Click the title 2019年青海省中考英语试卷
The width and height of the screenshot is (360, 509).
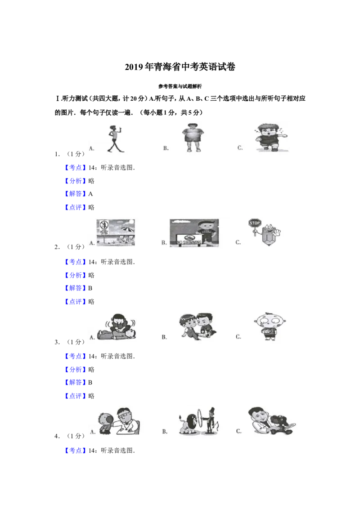(x=180, y=67)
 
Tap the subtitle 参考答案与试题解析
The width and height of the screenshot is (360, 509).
(x=180, y=86)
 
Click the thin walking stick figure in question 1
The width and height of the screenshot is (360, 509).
(x=115, y=139)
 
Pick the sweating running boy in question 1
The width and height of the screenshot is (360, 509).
(x=270, y=137)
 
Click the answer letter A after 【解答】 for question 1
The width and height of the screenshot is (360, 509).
(x=90, y=194)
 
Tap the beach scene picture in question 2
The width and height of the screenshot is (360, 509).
(x=116, y=232)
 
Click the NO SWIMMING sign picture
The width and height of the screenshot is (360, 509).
(x=194, y=233)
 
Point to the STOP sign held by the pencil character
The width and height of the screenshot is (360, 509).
(x=255, y=223)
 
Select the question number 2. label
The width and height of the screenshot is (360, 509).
(x=57, y=247)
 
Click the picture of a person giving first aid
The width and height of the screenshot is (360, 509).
(x=117, y=327)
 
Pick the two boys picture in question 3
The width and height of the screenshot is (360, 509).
(x=198, y=327)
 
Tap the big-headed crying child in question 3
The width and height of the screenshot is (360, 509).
(x=270, y=326)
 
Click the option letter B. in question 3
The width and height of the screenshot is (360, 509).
(x=164, y=337)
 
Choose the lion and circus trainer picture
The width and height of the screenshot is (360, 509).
(x=199, y=421)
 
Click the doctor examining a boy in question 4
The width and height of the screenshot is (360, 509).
(x=119, y=421)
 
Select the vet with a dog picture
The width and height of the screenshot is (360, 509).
(x=272, y=421)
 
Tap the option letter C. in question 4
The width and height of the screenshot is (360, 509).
(x=239, y=431)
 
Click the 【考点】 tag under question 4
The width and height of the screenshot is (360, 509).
(x=76, y=451)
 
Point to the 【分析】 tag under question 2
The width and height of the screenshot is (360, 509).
(x=76, y=275)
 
